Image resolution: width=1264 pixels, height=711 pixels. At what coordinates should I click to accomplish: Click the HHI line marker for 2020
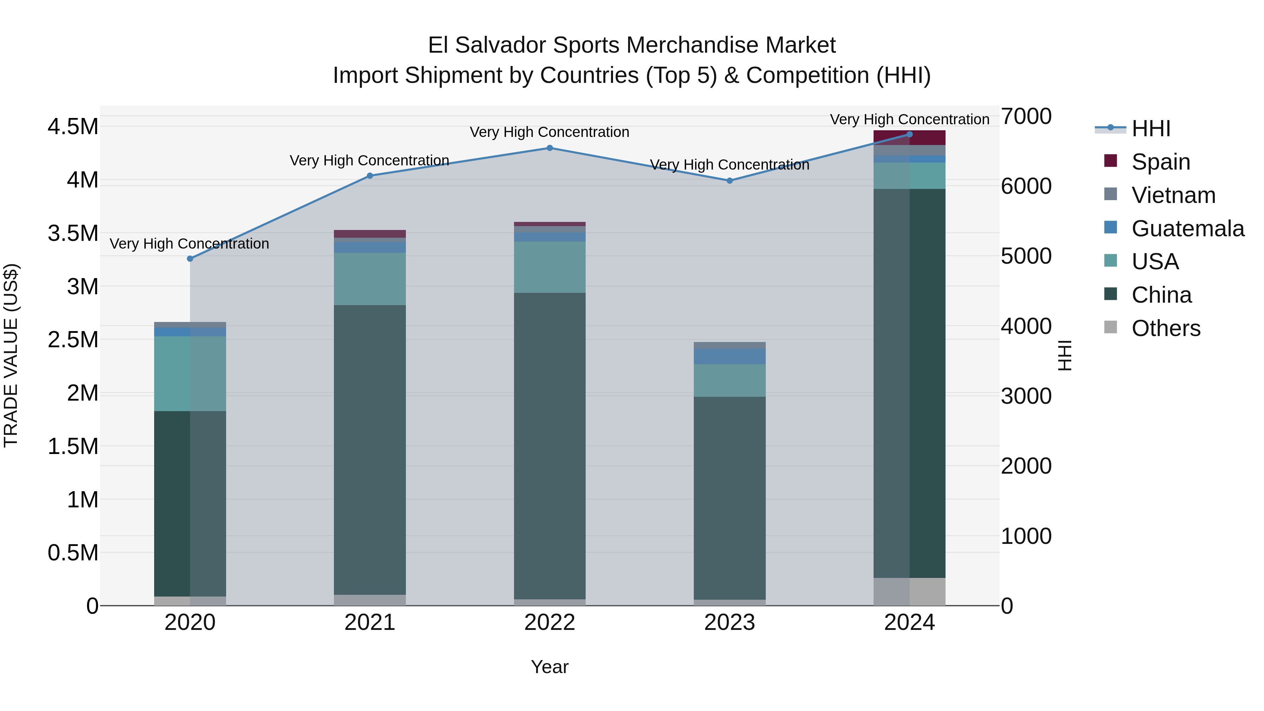click(x=190, y=258)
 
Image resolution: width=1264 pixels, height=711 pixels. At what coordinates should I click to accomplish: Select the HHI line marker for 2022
click(x=549, y=148)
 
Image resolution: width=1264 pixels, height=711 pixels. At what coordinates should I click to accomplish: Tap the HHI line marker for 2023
click(x=729, y=180)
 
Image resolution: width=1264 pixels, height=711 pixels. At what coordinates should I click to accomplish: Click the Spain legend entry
click(x=1160, y=162)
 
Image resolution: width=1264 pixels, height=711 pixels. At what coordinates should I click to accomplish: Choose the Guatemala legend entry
click(x=1187, y=228)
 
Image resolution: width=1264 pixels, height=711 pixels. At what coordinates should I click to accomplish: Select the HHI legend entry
click(x=1150, y=129)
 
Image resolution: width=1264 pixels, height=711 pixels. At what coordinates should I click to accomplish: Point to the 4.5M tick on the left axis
click(x=73, y=127)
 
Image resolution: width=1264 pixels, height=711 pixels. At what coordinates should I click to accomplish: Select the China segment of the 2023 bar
click(x=729, y=498)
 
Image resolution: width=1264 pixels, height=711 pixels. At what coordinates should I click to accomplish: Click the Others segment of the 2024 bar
click(x=909, y=591)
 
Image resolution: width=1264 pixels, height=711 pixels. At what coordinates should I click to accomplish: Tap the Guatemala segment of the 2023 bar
click(x=729, y=356)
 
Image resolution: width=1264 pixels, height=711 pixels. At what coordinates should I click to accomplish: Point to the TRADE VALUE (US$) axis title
click(x=11, y=355)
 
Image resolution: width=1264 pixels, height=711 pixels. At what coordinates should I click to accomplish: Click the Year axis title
click(x=549, y=667)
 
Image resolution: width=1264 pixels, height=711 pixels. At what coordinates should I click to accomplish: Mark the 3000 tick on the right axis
click(x=1026, y=396)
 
